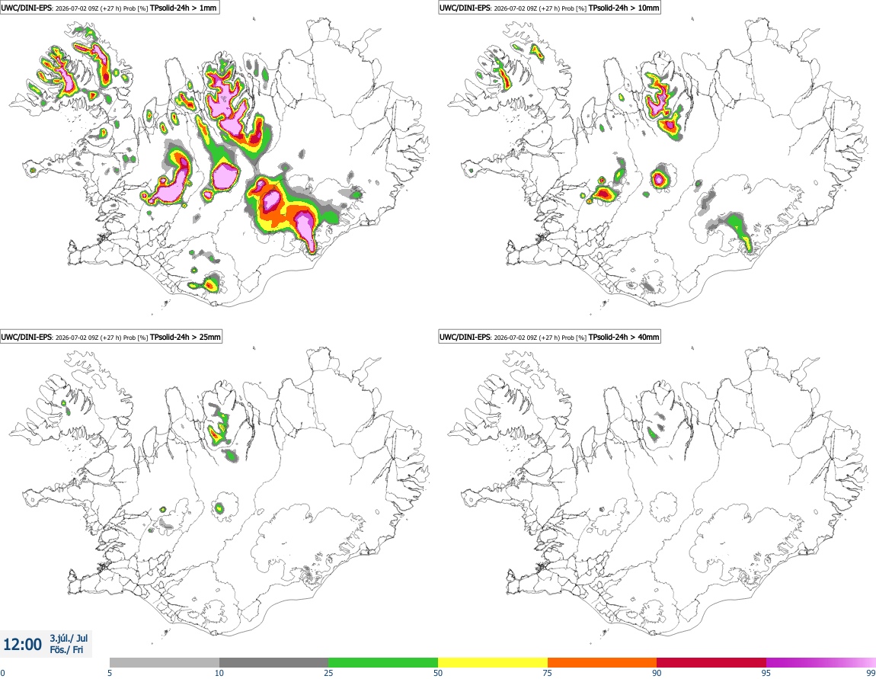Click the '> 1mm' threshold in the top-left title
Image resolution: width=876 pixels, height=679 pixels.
pyautogui.click(x=204, y=8)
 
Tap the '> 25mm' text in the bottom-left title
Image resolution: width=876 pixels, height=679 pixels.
pyautogui.click(x=206, y=337)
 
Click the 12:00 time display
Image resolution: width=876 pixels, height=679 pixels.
pyautogui.click(x=22, y=645)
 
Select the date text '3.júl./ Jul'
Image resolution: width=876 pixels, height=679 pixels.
pyautogui.click(x=69, y=638)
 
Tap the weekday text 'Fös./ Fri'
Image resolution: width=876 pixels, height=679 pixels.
pyautogui.click(x=66, y=650)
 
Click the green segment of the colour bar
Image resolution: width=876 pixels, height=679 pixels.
pyautogui.click(x=383, y=663)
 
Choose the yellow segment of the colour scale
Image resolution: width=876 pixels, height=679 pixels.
pyautogui.click(x=493, y=663)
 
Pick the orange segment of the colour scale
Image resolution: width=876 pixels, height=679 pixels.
pyautogui.click(x=603, y=663)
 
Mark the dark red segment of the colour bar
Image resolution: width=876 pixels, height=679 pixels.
pyautogui.click(x=711, y=663)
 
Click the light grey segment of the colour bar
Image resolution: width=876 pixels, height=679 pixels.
pyautogui.click(x=165, y=663)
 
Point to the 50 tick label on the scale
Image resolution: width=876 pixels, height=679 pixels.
pyautogui.click(x=438, y=673)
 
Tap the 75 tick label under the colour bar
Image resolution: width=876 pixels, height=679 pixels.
pyautogui.click(x=548, y=673)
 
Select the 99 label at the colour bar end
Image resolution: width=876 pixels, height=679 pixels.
pyautogui.click(x=871, y=673)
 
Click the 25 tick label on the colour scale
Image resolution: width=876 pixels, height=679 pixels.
pyautogui.click(x=328, y=673)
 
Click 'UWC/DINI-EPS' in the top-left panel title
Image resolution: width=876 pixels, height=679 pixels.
pyautogui.click(x=26, y=8)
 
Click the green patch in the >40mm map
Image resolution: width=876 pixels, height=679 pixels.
pyautogui.click(x=652, y=433)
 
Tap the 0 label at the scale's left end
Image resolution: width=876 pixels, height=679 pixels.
pyautogui.click(x=2, y=673)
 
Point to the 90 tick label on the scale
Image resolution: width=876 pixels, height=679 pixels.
pyautogui.click(x=657, y=673)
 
